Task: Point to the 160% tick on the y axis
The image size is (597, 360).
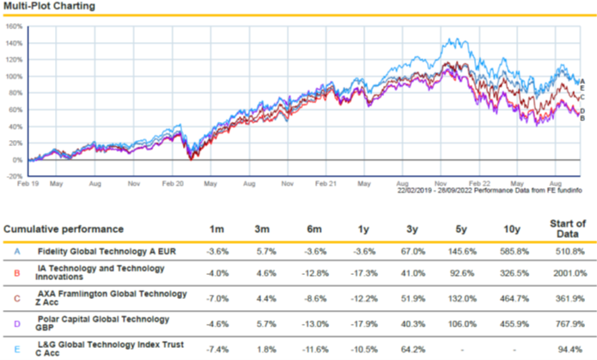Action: click(14, 26)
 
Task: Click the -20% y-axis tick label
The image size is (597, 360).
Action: click(14, 176)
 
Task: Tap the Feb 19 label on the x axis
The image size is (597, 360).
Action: click(29, 184)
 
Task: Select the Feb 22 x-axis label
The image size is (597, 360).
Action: click(480, 184)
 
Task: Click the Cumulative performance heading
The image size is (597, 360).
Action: click(64, 229)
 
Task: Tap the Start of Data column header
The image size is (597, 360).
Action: click(567, 229)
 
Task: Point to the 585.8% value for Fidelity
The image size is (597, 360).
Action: click(514, 252)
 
